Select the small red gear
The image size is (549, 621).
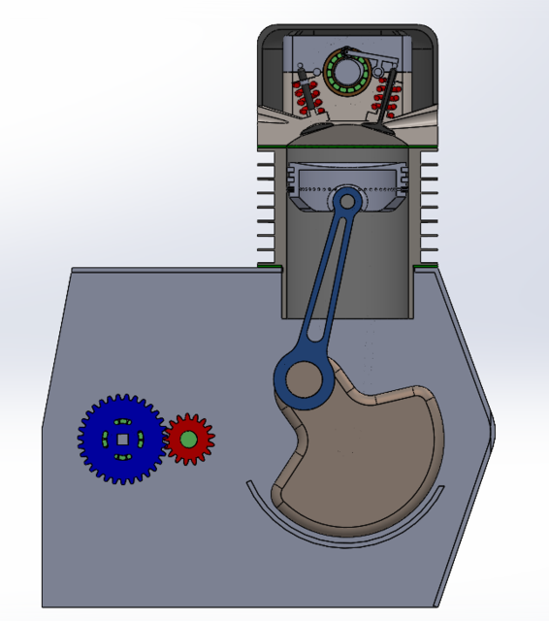click(201, 440)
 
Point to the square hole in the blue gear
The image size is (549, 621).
click(121, 439)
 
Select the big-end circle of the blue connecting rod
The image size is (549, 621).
click(304, 377)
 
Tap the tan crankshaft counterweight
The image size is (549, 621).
click(369, 456)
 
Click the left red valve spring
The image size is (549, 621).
click(307, 97)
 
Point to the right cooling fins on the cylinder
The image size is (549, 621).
click(429, 209)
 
